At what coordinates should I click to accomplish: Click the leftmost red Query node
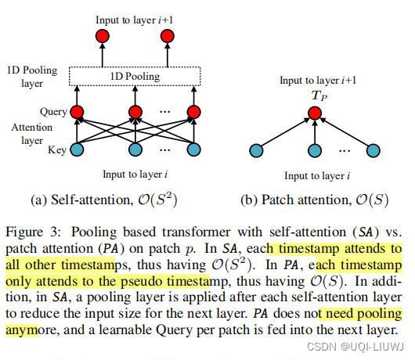point(77,112)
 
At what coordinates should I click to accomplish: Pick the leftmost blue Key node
point(77,149)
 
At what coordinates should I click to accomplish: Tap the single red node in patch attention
point(313,113)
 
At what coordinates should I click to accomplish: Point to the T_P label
point(313,94)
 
